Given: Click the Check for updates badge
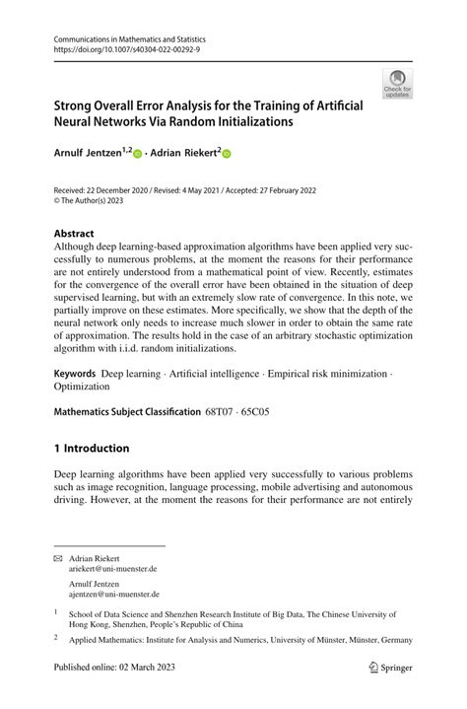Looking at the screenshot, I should pos(397,84).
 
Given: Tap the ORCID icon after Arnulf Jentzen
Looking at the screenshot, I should pos(137,155).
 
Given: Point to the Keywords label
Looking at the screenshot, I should pos(75,374).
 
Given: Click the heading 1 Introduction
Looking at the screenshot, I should pos(92,448).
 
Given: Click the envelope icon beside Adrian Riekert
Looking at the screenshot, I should pos(58,557).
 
